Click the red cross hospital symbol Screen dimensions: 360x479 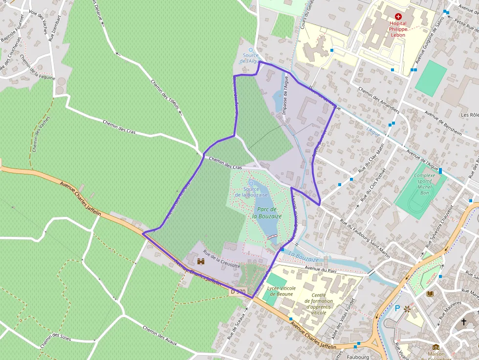pyautogui.click(x=398, y=16)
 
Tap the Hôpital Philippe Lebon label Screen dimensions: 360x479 pyautogui.click(x=398, y=29)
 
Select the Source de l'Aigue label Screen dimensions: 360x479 pyautogui.click(x=251, y=58)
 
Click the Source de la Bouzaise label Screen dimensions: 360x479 pyautogui.click(x=251, y=192)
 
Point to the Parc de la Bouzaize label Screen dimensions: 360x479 pyautogui.click(x=267, y=212)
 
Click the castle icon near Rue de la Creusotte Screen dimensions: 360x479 pyautogui.click(x=201, y=262)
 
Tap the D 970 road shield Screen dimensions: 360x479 pyautogui.click(x=238, y=292)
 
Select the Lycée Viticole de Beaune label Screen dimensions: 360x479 pyautogui.click(x=282, y=291)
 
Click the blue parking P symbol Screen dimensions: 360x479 pyautogui.click(x=397, y=308)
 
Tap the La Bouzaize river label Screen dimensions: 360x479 pyautogui.click(x=303, y=255)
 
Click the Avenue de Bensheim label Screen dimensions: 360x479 pyautogui.click(x=443, y=122)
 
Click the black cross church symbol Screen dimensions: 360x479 pyautogui.click(x=464, y=321)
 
